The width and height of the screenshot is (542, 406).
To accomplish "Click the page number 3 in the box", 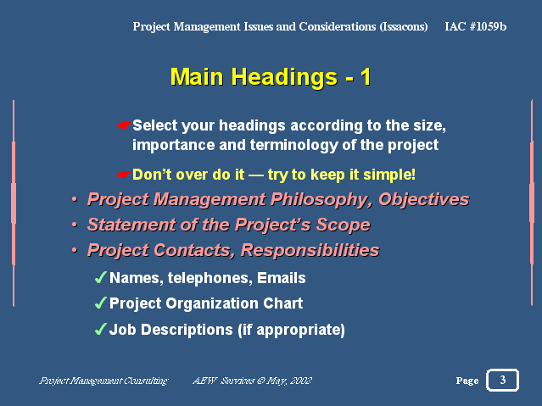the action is (503, 380).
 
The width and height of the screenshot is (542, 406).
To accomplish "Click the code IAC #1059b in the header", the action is (475, 26).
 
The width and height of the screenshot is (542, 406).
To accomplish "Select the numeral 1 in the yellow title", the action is (366, 77).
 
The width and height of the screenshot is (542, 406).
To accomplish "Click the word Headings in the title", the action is (284, 77).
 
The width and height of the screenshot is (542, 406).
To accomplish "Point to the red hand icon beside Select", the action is (124, 125).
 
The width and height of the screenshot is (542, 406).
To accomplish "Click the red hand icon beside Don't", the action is (124, 175).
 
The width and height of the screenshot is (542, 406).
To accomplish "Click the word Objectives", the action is (424, 200).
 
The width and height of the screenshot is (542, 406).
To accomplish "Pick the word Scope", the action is (344, 225).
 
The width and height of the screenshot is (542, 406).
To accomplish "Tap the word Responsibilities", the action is (310, 250).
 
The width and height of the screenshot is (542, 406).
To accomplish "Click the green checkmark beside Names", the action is (100, 277).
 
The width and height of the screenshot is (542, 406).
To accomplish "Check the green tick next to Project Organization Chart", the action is (100, 303).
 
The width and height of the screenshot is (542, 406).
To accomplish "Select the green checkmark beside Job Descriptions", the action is (100, 329).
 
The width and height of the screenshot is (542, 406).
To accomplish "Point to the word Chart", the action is (282, 303).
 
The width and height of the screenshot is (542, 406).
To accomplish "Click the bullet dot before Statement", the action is (75, 225).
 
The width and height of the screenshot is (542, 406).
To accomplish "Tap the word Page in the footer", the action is (467, 381).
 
